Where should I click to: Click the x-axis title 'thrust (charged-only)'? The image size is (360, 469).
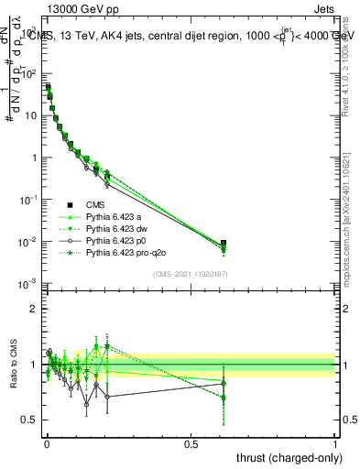[x=286, y=457]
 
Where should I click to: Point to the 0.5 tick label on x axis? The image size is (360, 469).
[x=191, y=444]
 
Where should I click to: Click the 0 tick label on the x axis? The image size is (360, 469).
[x=46, y=444]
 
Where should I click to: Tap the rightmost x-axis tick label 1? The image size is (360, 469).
[x=336, y=444]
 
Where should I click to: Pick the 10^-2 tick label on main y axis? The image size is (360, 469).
[x=27, y=242]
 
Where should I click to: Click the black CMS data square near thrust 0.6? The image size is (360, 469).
[x=224, y=244]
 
